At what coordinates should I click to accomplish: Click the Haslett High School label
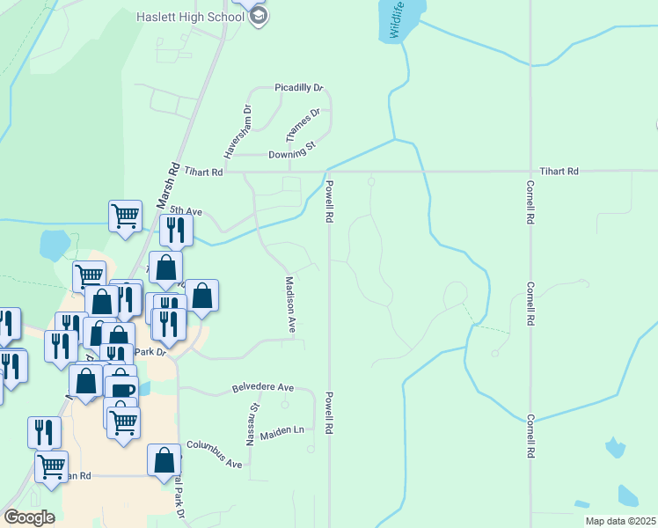tap(190, 17)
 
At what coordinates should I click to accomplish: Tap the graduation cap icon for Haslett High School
tap(259, 17)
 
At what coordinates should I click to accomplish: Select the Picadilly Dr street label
tap(299, 88)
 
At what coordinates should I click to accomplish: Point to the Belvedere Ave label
tap(262, 387)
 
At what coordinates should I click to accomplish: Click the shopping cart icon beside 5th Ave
tap(126, 215)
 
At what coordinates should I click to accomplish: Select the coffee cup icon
tap(121, 390)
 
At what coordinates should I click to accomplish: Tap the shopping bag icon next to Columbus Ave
tap(164, 459)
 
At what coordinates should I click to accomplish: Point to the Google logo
tap(29, 517)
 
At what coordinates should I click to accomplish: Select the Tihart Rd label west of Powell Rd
tap(204, 173)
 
